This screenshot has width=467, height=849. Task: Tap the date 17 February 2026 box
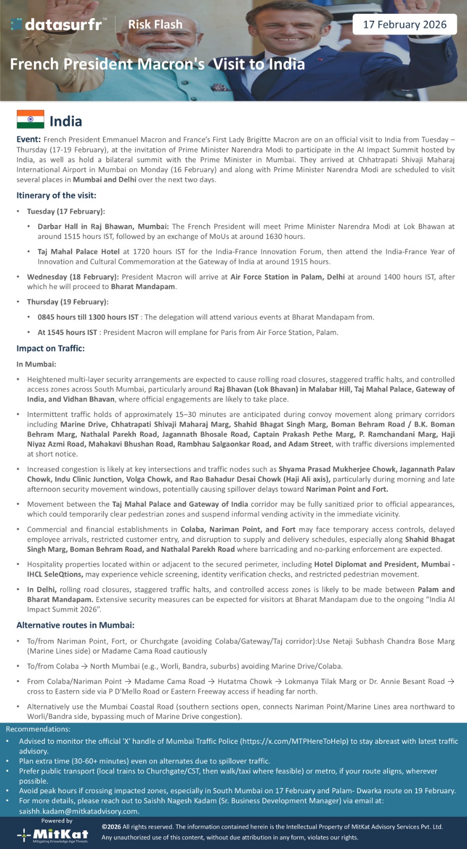404,24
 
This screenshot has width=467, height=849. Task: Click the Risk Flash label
155,24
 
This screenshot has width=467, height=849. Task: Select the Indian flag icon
30,120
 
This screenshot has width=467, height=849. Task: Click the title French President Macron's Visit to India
157,64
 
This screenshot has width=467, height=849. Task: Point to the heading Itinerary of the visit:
56,195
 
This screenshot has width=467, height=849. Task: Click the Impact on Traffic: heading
50,348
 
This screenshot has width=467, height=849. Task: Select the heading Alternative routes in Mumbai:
75,625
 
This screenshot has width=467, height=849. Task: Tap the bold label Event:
29,140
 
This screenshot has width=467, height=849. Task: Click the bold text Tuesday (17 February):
66,211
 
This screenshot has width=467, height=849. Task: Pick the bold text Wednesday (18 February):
73,277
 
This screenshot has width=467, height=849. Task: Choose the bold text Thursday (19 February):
68,302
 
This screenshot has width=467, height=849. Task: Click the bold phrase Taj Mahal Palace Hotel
79,252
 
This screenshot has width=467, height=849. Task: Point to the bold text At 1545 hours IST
67,332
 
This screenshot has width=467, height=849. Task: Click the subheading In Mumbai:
36,364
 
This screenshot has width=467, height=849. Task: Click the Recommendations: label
38,729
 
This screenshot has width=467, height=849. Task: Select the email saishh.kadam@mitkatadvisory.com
79,811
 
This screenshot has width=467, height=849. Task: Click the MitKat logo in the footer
53,835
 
